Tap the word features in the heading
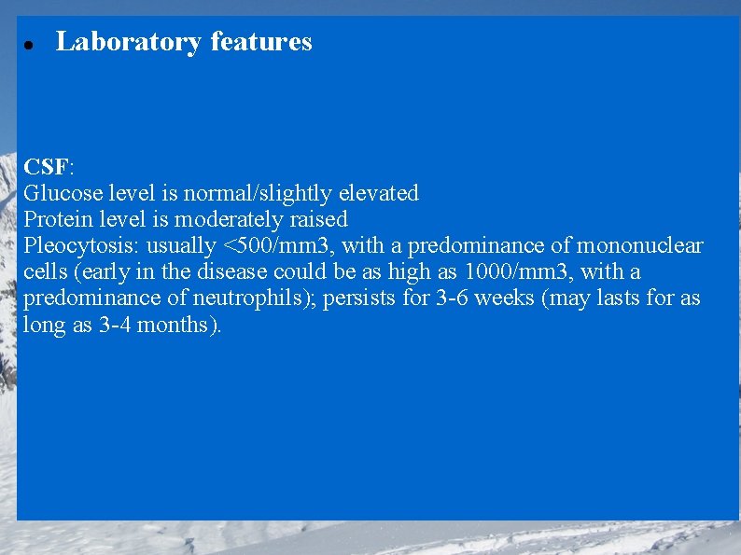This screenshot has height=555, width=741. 261,42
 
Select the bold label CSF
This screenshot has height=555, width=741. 46,167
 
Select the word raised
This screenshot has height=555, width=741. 319,219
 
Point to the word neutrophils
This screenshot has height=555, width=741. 262,298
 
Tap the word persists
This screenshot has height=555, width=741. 360,298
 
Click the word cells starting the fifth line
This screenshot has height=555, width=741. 43,272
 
